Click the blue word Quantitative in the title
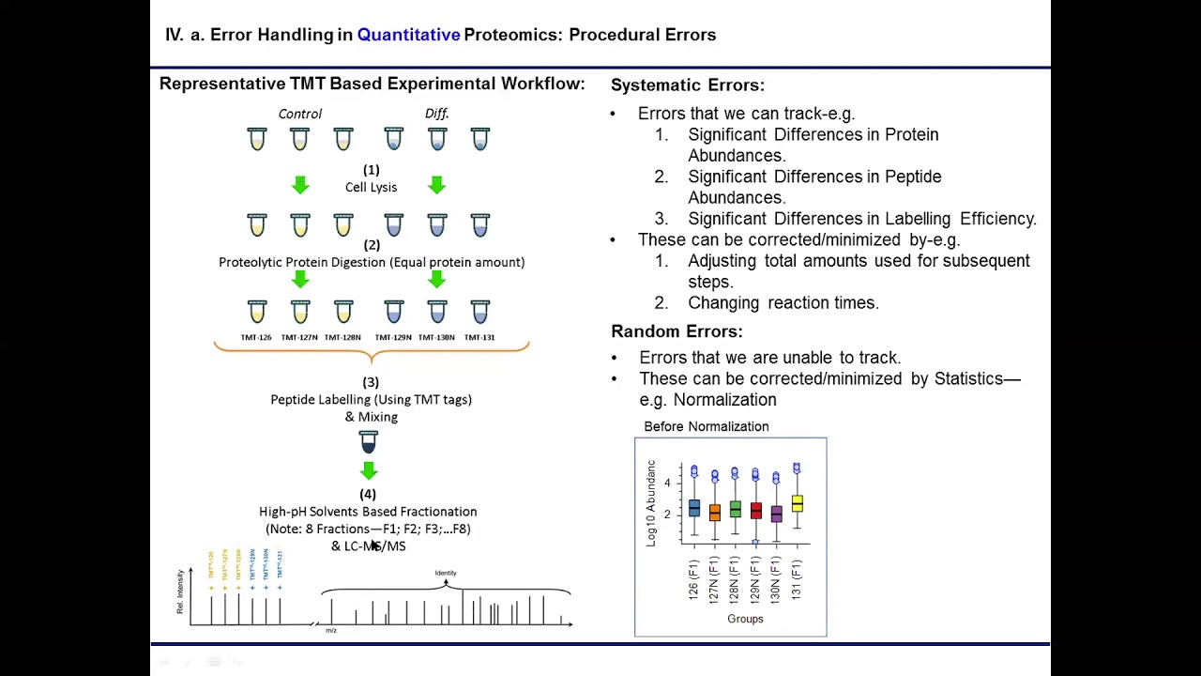[x=408, y=35]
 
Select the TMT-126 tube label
[x=256, y=337]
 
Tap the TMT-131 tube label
[x=479, y=337]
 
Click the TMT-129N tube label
[x=393, y=337]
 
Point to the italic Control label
[x=299, y=114]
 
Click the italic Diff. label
[x=436, y=114]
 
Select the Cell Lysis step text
[x=371, y=187]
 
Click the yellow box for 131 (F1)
[x=797, y=504]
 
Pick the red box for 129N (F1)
[x=755, y=512]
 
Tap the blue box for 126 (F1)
[x=694, y=508]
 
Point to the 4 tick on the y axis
[x=667, y=483]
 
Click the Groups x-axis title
[x=745, y=619]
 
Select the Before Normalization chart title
[x=706, y=426]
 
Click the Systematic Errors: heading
[x=687, y=85]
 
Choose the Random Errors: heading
[x=677, y=331]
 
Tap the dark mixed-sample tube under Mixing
[x=368, y=442]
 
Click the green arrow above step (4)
[x=368, y=470]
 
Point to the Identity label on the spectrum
[x=446, y=573]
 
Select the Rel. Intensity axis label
[x=180, y=591]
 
